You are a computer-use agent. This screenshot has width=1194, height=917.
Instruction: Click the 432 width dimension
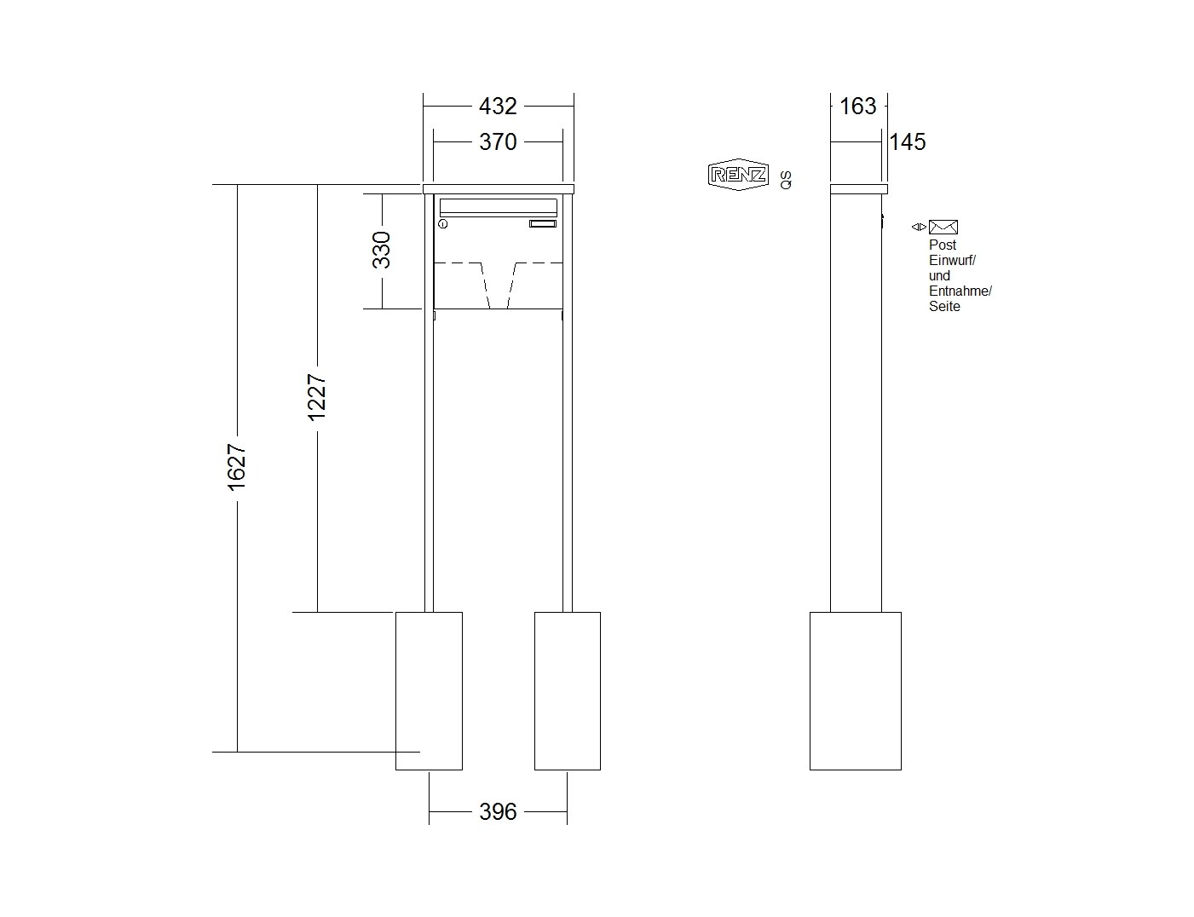(x=498, y=106)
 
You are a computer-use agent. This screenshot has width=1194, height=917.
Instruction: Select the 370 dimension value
(x=498, y=141)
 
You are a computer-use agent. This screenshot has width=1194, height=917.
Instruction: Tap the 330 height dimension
(x=381, y=250)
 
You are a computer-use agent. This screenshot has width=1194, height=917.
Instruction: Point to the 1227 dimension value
(x=317, y=397)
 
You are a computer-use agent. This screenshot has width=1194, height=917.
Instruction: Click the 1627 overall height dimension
(x=237, y=467)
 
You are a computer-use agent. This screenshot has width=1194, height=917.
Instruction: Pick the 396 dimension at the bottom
(x=498, y=811)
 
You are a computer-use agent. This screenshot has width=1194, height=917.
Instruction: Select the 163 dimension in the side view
(x=857, y=106)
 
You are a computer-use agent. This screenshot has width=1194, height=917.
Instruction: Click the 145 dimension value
(x=908, y=141)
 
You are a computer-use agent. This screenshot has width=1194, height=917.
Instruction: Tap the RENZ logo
(x=738, y=175)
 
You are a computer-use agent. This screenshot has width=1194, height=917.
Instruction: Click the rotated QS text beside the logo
(x=786, y=180)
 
